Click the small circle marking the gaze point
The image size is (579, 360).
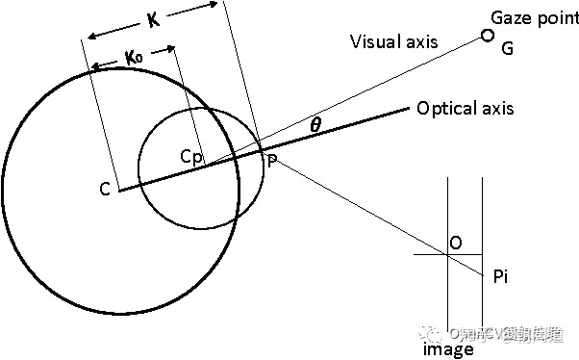pos(487,37)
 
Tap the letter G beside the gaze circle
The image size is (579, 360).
pos(508,46)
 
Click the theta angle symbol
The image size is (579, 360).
pos(316,123)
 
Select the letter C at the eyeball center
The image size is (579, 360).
pos(105,190)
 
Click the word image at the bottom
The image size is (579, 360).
pos(448,349)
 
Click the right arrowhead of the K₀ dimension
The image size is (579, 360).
pos(172,47)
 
